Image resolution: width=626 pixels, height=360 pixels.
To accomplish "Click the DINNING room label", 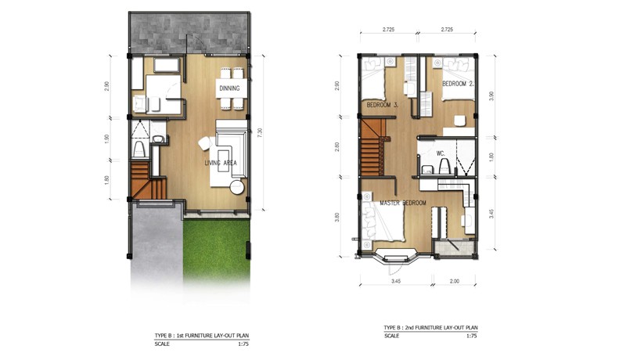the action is tap(229, 88).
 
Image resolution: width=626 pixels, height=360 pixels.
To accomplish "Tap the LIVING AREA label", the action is tap(221, 163).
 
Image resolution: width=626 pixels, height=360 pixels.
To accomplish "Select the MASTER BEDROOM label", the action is tap(403, 203).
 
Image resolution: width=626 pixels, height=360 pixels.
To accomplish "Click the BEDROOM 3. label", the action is tap(383, 105).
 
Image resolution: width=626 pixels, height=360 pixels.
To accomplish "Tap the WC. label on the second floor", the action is tap(441, 153).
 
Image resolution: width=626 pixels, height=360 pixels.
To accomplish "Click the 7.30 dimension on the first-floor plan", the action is tap(260, 133).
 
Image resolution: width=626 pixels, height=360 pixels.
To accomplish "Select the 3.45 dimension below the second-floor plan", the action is tap(396, 281).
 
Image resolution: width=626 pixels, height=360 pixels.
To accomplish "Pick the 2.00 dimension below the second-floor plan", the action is tap(455, 281).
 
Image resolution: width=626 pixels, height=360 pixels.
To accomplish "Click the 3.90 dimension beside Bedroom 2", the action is tap(491, 95).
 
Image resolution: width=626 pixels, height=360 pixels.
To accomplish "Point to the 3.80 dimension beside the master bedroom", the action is tap(337, 217).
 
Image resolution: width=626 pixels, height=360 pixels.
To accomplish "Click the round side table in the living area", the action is tap(237, 187).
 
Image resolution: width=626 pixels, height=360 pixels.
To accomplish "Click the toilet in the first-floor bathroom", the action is tap(139, 149).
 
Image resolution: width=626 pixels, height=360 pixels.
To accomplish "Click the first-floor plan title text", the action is tap(202, 336).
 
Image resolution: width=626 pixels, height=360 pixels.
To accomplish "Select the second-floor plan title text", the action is tap(431, 328).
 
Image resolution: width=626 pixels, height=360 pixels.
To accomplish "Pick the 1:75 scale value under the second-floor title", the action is tap(472, 336).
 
